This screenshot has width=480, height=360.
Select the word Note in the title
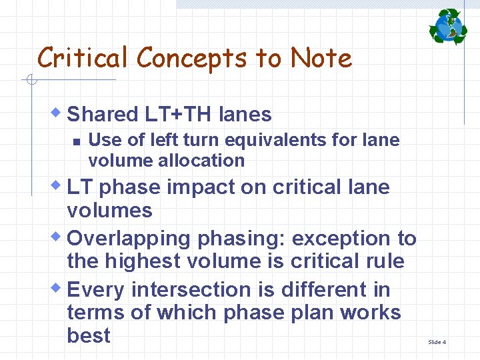321,59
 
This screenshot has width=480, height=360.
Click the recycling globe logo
448,27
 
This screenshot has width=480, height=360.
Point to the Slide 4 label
437,342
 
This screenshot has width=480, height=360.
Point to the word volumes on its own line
109,211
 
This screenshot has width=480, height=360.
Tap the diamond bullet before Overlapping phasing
59,234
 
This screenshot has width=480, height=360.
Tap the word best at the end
89,335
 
